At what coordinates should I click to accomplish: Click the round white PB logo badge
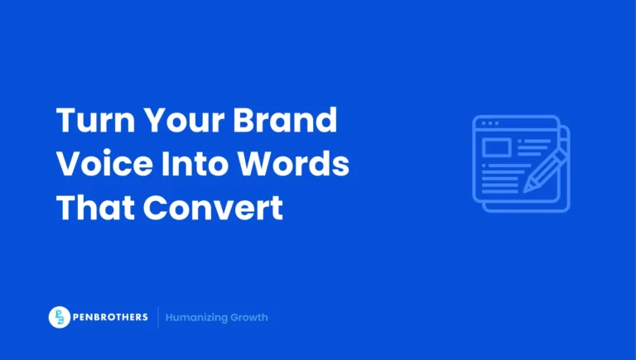click(x=60, y=317)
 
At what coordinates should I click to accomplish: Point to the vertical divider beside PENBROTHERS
click(x=157, y=317)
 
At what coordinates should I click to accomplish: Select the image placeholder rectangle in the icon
click(x=496, y=148)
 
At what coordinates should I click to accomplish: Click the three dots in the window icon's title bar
click(x=489, y=123)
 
